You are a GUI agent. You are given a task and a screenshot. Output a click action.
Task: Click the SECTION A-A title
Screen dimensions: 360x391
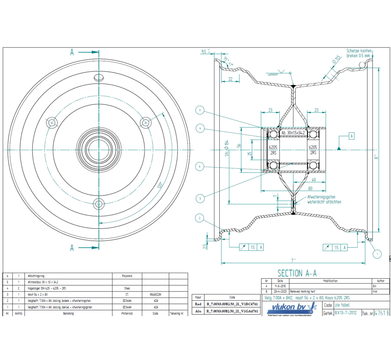pos(297,273)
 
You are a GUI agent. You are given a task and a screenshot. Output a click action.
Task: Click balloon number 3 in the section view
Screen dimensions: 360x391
pos(200,110)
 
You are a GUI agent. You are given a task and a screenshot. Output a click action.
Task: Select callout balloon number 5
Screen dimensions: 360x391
pos(200,199)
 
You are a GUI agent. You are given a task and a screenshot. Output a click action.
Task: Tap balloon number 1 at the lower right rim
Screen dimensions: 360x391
pos(376,254)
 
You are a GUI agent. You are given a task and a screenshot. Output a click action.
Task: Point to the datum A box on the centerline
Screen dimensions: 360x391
pos(351,136)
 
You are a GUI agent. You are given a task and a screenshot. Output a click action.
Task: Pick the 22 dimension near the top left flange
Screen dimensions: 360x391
pos(231,79)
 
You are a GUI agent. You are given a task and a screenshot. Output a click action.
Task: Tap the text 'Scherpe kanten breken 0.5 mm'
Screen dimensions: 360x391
pos(359,53)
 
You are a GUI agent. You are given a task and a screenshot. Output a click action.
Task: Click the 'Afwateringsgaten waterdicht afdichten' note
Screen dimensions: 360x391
pos(324,200)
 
